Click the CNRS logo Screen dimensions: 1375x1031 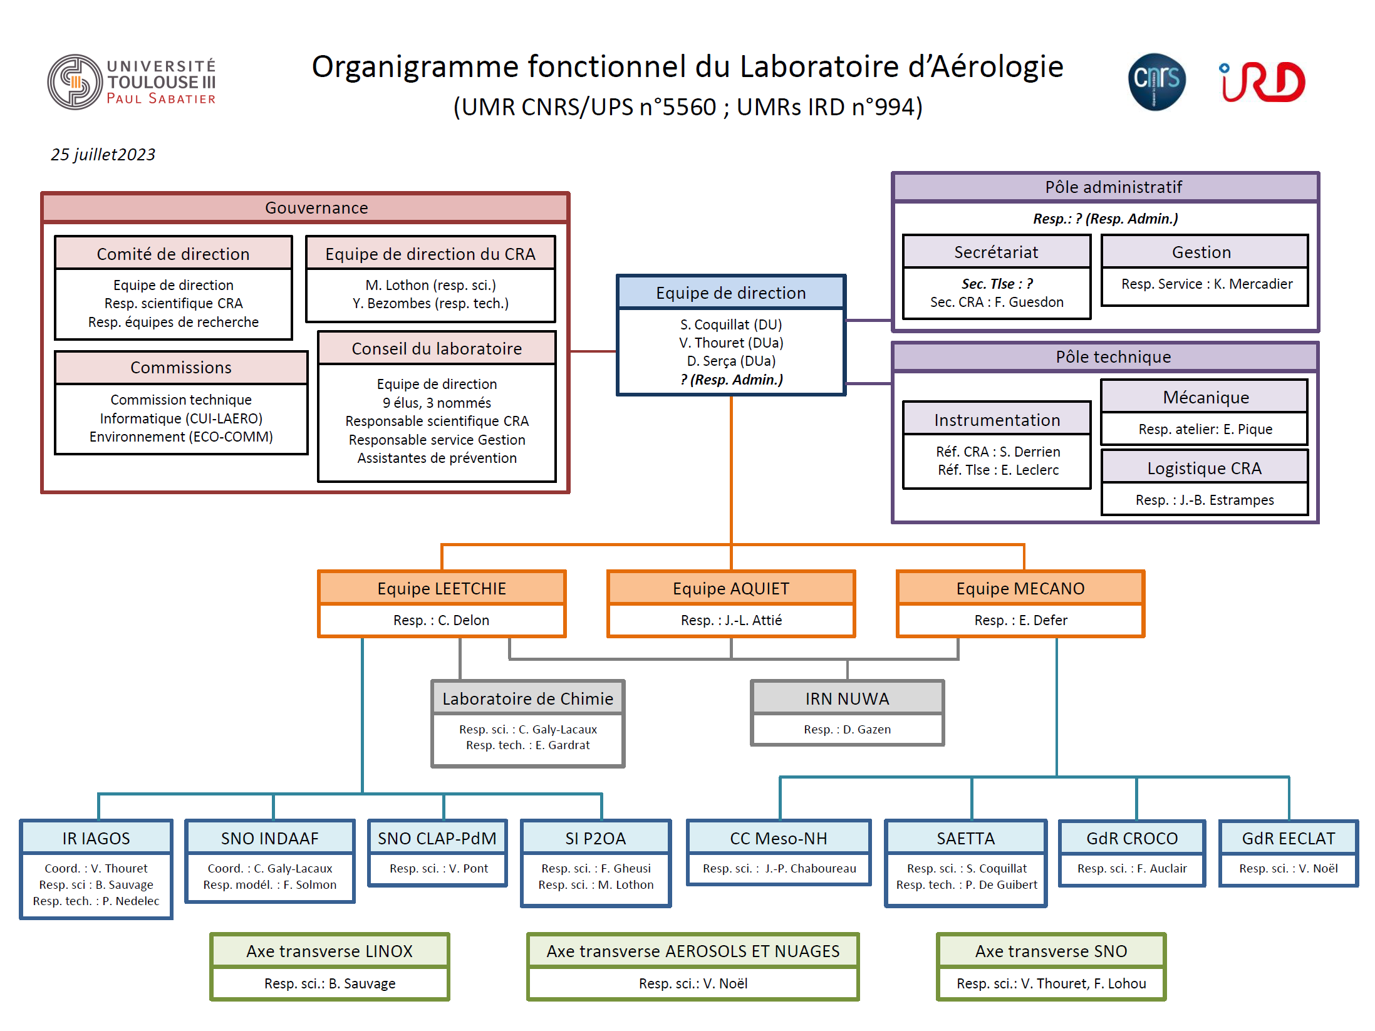[1156, 82]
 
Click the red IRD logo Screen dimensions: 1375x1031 [1262, 82]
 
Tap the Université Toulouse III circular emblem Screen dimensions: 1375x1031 [75, 82]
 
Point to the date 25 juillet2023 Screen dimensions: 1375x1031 [103, 155]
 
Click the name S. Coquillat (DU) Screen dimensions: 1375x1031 [731, 324]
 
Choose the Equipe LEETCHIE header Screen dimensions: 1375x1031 [442, 588]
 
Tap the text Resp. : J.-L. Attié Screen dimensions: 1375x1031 [731, 620]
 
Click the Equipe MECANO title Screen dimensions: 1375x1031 [1020, 588]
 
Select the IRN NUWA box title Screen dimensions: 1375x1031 [847, 698]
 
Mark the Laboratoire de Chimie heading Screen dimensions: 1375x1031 [527, 698]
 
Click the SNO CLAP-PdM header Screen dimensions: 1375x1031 [437, 838]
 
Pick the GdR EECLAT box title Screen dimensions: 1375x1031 [1289, 838]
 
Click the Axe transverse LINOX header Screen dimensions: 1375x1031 [329, 951]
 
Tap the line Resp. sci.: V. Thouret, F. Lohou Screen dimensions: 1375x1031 [1051, 983]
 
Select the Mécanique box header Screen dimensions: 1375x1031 [1205, 397]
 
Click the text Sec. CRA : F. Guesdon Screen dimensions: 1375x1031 [997, 302]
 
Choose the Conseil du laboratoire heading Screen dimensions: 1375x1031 [437, 348]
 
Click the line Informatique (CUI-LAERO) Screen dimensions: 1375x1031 [181, 418]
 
